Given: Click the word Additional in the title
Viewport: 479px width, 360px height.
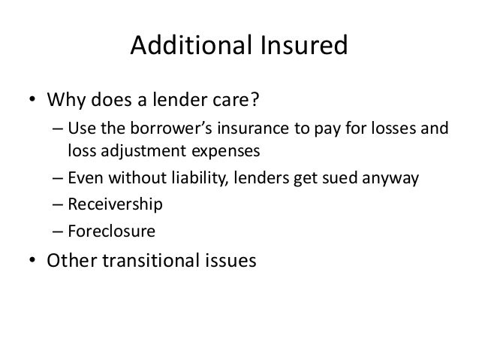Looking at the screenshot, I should click(x=183, y=47).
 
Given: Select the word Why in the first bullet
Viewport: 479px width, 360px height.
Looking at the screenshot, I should click(x=66, y=101).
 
